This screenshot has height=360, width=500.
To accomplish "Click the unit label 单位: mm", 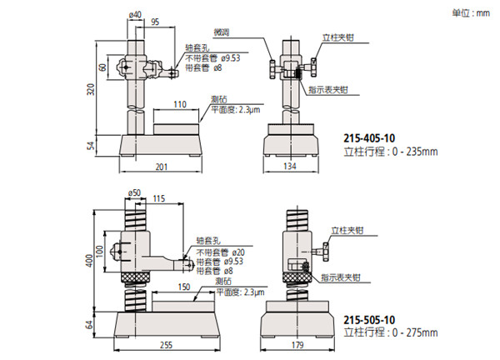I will click(x=472, y=13).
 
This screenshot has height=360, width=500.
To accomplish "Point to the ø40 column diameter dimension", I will click(x=135, y=14).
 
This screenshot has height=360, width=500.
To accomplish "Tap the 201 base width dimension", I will click(x=162, y=167).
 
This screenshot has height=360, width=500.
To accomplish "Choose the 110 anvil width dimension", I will click(x=180, y=105).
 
